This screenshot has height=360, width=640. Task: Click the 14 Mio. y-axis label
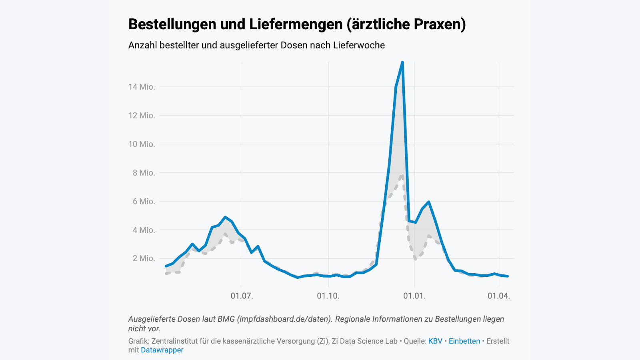[x=141, y=87]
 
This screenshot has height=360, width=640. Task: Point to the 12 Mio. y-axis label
[x=141, y=116]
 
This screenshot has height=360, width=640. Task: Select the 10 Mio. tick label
[x=141, y=144]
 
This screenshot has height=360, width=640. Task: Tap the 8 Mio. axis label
[x=144, y=173]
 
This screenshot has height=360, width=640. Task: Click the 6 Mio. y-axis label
[x=144, y=202]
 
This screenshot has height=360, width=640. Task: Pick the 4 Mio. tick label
[x=144, y=230]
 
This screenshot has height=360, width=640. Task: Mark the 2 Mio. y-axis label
[x=144, y=258]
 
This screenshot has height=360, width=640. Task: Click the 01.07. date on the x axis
[x=242, y=296]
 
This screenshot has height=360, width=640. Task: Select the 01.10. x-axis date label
[x=328, y=296]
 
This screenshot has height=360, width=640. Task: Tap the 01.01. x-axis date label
[x=414, y=296]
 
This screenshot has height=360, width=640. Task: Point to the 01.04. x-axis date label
[x=499, y=296]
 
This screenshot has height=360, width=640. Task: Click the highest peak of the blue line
[x=402, y=62]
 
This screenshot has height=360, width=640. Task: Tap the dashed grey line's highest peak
[x=402, y=175]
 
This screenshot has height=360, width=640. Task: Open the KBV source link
[x=435, y=341]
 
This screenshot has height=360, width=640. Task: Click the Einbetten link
[x=464, y=341]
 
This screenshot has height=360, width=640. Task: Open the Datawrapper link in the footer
[x=162, y=350]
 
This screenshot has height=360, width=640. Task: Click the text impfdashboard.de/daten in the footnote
[x=285, y=319]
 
